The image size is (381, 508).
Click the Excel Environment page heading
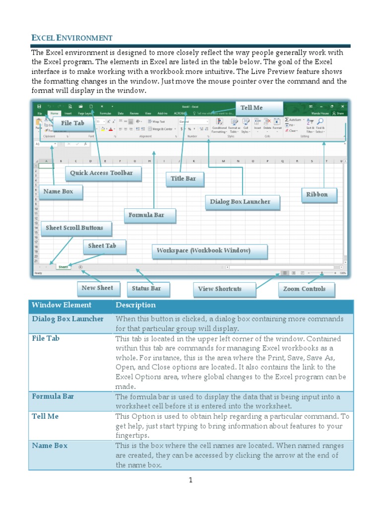pyautogui.click(x=72, y=38)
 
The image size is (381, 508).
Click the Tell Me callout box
pyautogui.click(x=252, y=108)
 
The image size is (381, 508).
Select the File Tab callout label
pyautogui.click(x=72, y=123)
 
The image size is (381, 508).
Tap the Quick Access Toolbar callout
pyautogui.click(x=102, y=173)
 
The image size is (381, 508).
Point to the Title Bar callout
pyautogui.click(x=184, y=179)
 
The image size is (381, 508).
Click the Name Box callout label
pyautogui.click(x=59, y=191)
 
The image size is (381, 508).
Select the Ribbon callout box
pyautogui.click(x=317, y=194)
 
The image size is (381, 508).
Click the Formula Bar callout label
pyautogui.click(x=146, y=215)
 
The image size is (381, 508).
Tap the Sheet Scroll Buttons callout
pyautogui.click(x=74, y=228)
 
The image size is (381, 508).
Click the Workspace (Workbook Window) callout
pyautogui.click(x=203, y=251)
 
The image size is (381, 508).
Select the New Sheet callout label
pyautogui.click(x=97, y=288)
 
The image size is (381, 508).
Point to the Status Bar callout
pyautogui.click(x=147, y=289)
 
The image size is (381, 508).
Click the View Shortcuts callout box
pyautogui.click(x=220, y=289)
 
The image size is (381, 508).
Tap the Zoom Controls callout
pyautogui.click(x=304, y=289)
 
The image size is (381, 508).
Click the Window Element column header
pyautogui.click(x=62, y=306)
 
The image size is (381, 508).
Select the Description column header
pyautogui.click(x=135, y=306)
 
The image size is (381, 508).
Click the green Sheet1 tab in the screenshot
pyautogui.click(x=63, y=267)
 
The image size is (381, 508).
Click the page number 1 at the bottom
pyautogui.click(x=190, y=480)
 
